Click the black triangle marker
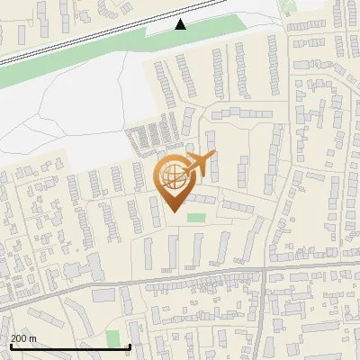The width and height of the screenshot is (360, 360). click(x=181, y=24)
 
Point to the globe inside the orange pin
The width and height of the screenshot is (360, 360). click(x=171, y=177)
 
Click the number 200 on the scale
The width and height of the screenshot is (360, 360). click(x=20, y=339)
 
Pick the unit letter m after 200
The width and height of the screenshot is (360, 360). click(x=33, y=339)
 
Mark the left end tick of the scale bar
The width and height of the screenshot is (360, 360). click(x=11, y=346)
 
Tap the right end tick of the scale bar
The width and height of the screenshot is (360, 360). click(x=130, y=346)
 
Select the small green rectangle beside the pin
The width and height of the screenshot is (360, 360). click(x=195, y=217)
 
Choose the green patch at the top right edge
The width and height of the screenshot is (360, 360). click(x=288, y=7)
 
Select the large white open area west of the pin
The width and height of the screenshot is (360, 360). click(x=63, y=117)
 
